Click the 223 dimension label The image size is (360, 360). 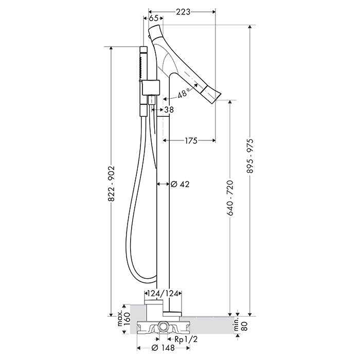click(183, 11)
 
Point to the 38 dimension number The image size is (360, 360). click(169, 110)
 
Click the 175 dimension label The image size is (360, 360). click(191, 140)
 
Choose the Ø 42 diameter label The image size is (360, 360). click(181, 184)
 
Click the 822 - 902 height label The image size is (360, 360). click(112, 184)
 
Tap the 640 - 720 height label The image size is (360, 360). click(230, 198)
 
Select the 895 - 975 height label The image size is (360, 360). click(250, 155)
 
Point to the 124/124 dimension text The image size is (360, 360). click(163, 293)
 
